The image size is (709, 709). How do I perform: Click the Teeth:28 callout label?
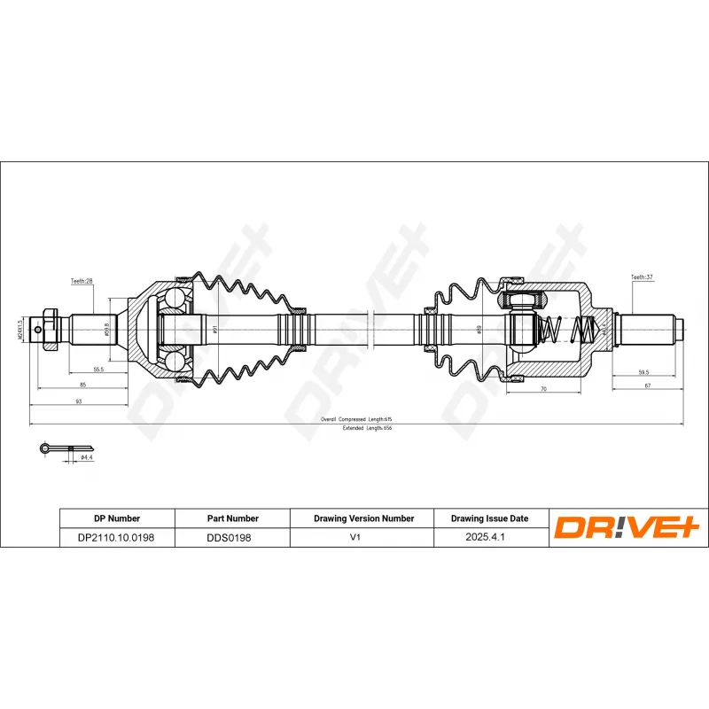coord(82,281)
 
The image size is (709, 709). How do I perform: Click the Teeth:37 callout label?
coord(641,277)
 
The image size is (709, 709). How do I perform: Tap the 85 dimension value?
coord(82,385)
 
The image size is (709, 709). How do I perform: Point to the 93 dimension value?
coord(78,401)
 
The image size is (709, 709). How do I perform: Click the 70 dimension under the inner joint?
coord(541,388)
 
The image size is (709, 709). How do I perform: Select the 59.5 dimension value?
coord(643,372)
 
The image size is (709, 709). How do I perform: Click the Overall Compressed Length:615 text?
coord(356,418)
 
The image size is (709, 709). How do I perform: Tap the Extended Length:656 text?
coord(367,428)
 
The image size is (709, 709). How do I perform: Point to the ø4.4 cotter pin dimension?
coord(86,457)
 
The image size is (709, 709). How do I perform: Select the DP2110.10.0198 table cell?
coord(116,537)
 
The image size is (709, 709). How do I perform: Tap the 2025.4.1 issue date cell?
coord(490,537)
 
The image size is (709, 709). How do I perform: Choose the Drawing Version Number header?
coord(363,518)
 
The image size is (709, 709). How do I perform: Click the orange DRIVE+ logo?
coord(627,527)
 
